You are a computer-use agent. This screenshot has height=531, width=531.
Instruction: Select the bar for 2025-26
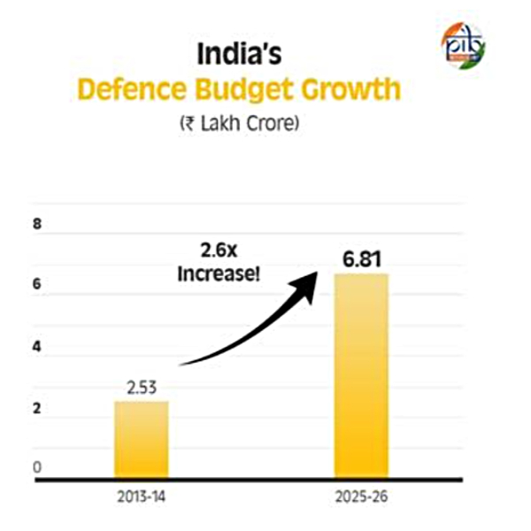coord(360,376)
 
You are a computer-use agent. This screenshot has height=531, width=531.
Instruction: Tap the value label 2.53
coord(141,385)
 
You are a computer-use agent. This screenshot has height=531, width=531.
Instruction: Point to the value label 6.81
coord(361,261)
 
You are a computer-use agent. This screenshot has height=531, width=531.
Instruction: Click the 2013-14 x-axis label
coord(141,497)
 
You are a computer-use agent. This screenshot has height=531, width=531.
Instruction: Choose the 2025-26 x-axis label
coord(360,497)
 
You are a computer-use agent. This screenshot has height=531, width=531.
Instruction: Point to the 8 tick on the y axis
coord(37,225)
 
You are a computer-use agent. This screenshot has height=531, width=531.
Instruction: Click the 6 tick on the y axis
coord(37,287)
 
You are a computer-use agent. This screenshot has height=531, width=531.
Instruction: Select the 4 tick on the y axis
coord(37,348)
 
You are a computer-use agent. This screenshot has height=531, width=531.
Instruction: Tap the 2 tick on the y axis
coord(37,409)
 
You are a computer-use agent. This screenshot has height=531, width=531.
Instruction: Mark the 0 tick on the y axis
coord(37,467)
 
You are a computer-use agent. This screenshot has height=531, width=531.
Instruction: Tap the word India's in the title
coord(238,55)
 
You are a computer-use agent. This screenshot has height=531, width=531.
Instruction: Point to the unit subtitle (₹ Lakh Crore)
coord(239,125)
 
